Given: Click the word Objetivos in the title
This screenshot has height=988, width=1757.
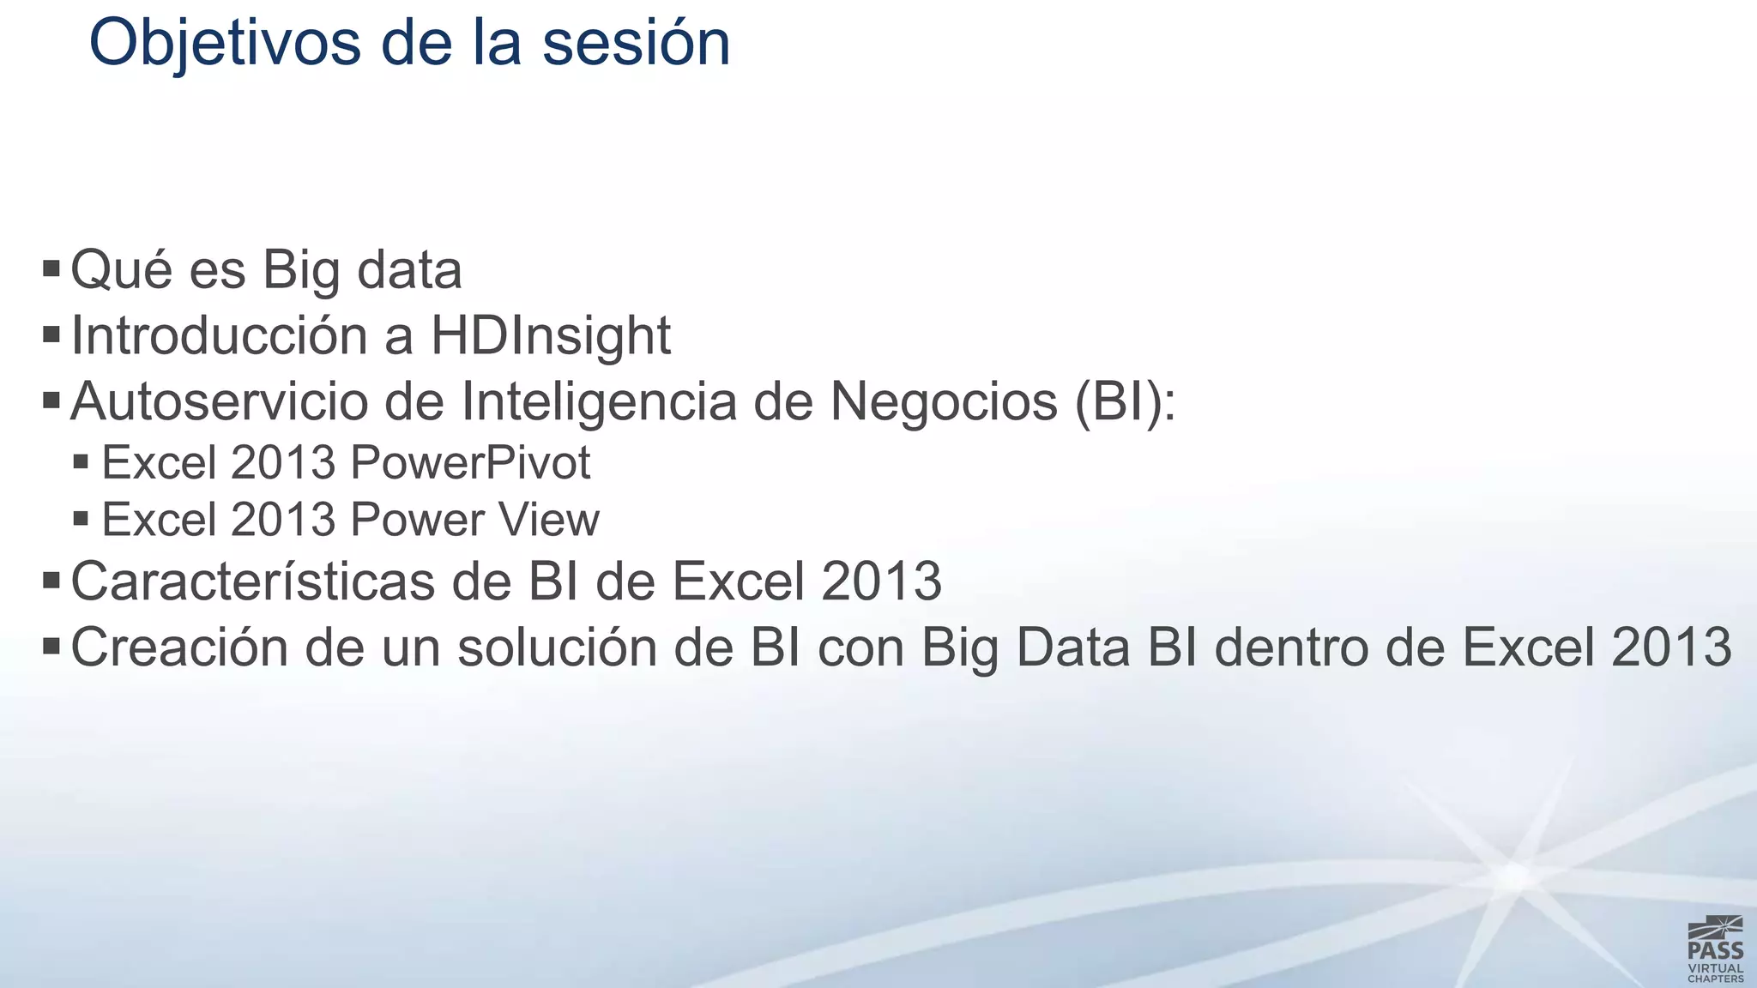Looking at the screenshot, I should coord(225,43).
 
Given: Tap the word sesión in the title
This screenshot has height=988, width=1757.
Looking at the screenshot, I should coord(635,43).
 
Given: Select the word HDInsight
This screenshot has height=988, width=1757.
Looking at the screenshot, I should coord(550,335).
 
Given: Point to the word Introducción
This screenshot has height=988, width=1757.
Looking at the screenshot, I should coord(220,335).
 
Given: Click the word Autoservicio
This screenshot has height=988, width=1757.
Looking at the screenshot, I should coord(220,401).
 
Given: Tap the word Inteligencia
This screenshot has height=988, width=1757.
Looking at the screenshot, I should coord(599,401).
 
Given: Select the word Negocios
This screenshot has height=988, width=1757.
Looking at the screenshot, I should coord(944,401).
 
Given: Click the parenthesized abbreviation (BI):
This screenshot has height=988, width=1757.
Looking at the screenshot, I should coord(1125,401).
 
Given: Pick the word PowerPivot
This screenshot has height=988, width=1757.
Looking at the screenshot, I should coord(470,463).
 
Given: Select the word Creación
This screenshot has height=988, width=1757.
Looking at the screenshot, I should coord(179,648).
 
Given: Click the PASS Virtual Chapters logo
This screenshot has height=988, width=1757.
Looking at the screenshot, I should coord(1715,949).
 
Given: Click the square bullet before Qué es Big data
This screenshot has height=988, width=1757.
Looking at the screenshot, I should coord(51,269).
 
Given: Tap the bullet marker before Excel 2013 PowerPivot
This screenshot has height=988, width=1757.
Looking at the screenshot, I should coord(82,463).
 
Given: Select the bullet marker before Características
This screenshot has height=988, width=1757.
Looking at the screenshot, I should coord(51,581).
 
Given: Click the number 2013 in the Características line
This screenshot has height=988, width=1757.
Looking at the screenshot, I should coord(881,581).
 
